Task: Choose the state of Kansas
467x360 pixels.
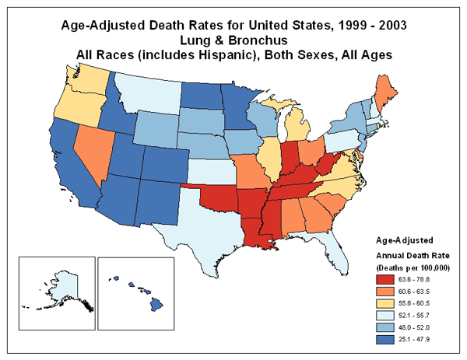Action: [x=210, y=170]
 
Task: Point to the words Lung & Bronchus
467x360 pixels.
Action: [x=233, y=40]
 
